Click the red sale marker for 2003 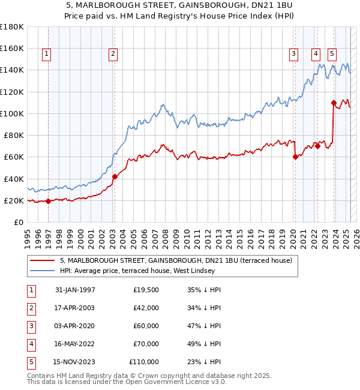click(x=115, y=176)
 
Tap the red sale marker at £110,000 click(x=334, y=103)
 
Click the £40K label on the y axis click(x=14, y=179)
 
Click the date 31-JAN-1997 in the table click(x=75, y=290)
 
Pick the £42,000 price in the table click(x=146, y=308)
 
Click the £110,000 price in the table click(x=144, y=362)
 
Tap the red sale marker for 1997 click(x=49, y=201)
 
